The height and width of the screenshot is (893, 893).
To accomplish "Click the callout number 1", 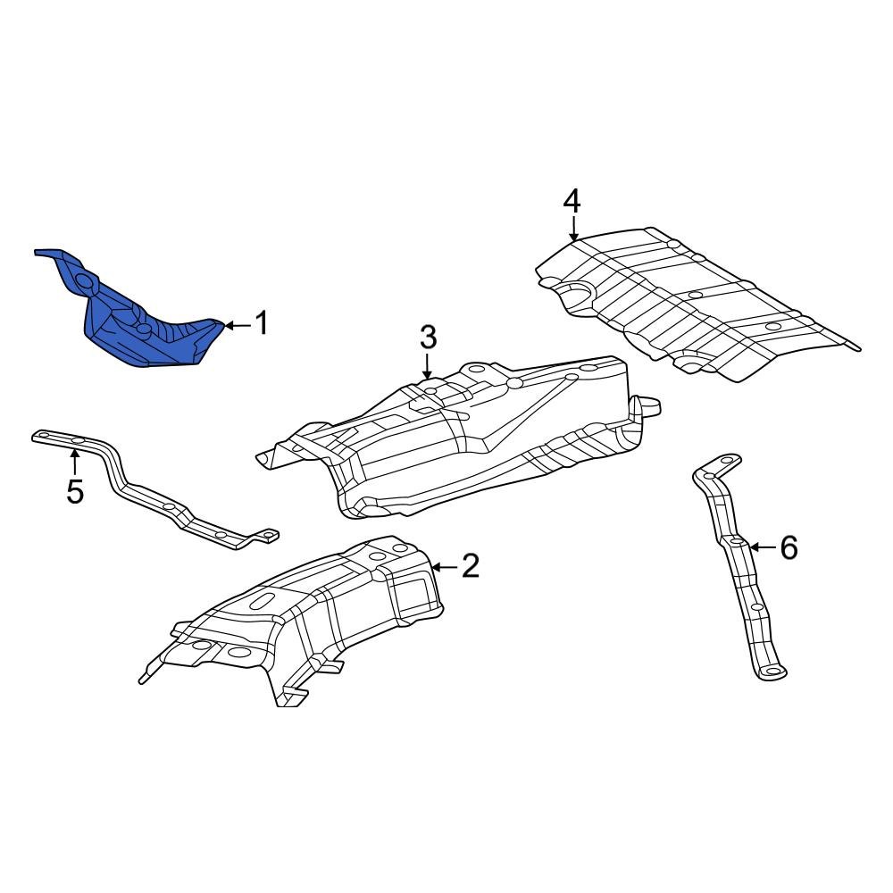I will [x=261, y=323].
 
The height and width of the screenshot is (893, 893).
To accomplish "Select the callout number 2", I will [x=470, y=565].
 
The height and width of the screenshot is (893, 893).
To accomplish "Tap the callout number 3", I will [x=428, y=338].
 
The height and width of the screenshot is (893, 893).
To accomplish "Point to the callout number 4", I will [x=572, y=200].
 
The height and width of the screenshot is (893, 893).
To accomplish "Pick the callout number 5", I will [x=75, y=490].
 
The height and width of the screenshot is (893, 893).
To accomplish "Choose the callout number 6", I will [x=788, y=547].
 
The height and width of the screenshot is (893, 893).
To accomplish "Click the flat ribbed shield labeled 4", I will [x=697, y=304].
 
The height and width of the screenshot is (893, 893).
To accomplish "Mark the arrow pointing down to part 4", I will [x=572, y=229].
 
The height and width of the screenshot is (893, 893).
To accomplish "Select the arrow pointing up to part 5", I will [x=75, y=461].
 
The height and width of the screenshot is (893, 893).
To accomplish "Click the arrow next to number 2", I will [x=444, y=565].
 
